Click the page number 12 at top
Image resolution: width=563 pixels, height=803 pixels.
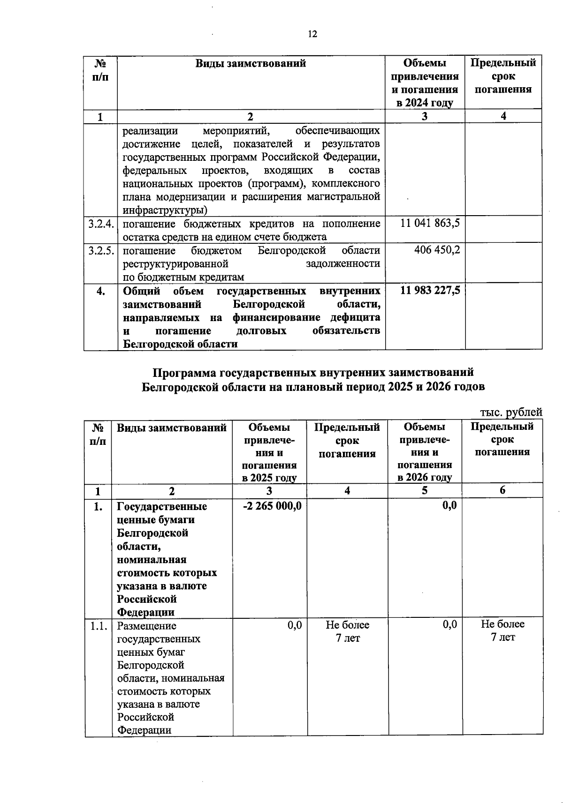312,34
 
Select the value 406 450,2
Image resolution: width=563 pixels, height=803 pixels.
437,249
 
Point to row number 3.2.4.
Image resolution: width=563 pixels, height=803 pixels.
101,224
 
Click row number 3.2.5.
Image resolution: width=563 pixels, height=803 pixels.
101,250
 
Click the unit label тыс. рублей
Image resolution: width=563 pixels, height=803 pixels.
511,412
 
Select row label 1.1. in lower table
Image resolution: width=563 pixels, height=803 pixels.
99,626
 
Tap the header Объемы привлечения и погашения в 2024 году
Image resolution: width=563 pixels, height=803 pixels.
425,83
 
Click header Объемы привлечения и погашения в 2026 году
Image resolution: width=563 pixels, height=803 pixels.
425,452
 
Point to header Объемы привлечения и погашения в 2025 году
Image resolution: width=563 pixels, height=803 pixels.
269,452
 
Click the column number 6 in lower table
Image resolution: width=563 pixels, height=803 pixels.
502,490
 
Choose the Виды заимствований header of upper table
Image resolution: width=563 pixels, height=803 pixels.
251,63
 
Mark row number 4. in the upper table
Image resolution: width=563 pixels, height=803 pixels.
100,291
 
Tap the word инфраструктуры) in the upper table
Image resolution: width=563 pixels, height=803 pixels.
166,210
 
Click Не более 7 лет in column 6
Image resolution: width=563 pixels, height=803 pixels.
502,630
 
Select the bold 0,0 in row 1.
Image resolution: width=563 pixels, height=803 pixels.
449,505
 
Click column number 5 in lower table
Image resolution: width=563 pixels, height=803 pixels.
425,490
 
